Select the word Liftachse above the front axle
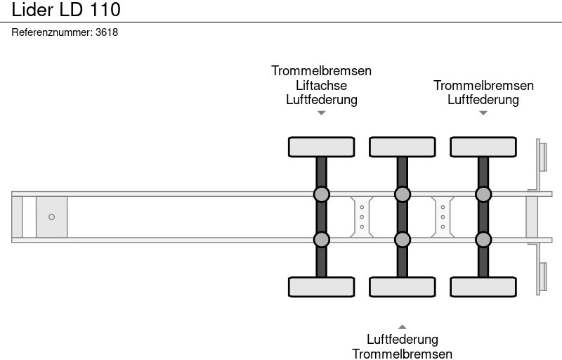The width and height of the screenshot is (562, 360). pyautogui.click(x=321, y=85)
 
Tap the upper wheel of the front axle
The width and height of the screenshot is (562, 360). pyautogui.click(x=321, y=147)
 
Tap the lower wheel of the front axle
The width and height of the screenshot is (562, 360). pyautogui.click(x=321, y=287)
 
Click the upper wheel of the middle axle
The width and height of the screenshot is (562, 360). pyautogui.click(x=402, y=147)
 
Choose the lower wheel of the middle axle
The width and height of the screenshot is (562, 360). pyautogui.click(x=402, y=287)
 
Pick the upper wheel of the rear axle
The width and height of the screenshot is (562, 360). pyautogui.click(x=483, y=147)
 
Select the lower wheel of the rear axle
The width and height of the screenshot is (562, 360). pyautogui.click(x=483, y=287)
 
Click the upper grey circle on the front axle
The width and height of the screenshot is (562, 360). pyautogui.click(x=321, y=194)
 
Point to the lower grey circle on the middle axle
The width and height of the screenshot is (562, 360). pyautogui.click(x=402, y=240)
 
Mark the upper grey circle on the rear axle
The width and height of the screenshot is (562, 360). pyautogui.click(x=483, y=194)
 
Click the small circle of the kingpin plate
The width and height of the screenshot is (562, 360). pyautogui.click(x=51, y=217)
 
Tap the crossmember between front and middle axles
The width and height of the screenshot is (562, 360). pyautogui.click(x=361, y=217)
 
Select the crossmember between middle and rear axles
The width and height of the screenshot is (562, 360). pyautogui.click(x=443, y=217)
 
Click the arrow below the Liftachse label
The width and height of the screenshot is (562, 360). pyautogui.click(x=321, y=112)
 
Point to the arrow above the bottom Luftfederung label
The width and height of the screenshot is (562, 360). pyautogui.click(x=402, y=327)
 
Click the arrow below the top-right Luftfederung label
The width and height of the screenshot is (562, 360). pyautogui.click(x=483, y=112)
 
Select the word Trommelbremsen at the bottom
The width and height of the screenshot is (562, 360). pyautogui.click(x=402, y=354)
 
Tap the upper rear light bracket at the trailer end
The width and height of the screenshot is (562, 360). pyautogui.click(x=542, y=155)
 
